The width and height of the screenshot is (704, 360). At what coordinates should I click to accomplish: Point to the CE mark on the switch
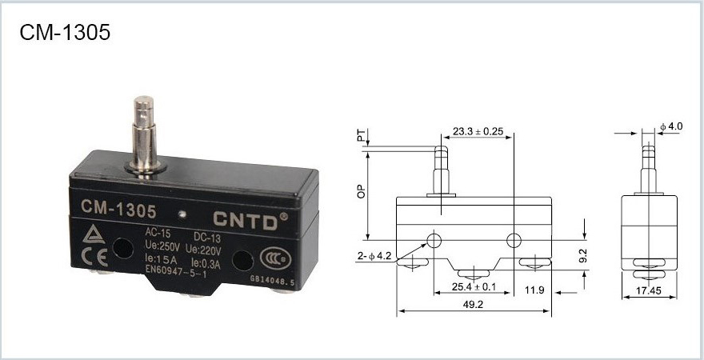pos(90,257)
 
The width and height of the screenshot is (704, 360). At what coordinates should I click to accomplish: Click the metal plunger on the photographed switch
pos(145,131)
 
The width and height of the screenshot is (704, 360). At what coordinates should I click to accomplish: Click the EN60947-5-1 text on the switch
pos(177,271)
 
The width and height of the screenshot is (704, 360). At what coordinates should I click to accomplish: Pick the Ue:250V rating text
pos(163,246)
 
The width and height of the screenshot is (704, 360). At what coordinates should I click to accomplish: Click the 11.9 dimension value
pos(535,288)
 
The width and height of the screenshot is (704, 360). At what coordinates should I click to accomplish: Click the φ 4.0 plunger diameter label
pos(671,126)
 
